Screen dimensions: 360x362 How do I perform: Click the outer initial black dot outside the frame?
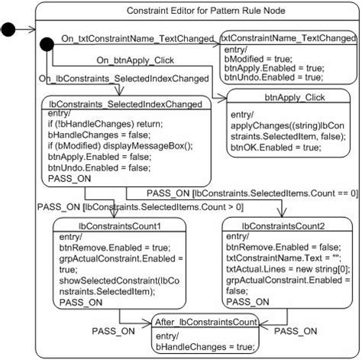click(8, 30)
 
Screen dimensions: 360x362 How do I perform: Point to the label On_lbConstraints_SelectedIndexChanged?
click(123, 77)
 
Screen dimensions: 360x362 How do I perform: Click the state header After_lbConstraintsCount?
click(205, 323)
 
